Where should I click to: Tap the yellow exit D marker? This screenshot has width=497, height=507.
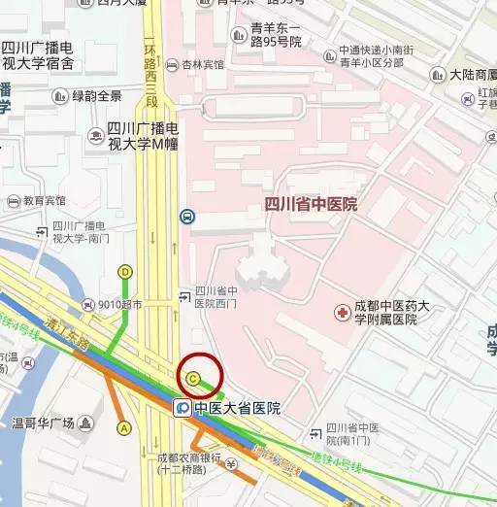(125, 272)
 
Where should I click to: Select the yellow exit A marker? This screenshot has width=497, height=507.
(123, 427)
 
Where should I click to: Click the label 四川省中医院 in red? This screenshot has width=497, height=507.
(311, 204)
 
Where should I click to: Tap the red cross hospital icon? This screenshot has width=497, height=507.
(342, 312)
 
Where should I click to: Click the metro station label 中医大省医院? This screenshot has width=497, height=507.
(237, 408)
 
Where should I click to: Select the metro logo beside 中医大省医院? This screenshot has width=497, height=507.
(182, 408)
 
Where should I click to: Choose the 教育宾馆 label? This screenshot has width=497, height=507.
(44, 201)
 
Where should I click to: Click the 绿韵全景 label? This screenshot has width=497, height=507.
(97, 95)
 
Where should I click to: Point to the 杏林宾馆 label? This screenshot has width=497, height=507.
(202, 64)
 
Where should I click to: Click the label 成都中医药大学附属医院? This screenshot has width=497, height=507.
(383, 312)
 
